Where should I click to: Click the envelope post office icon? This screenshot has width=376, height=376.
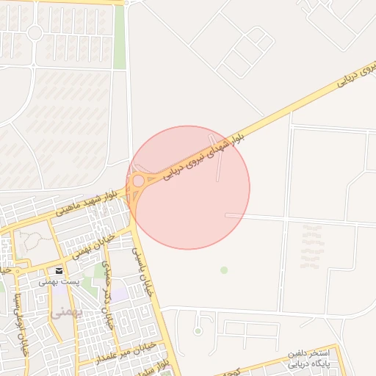click(59, 271)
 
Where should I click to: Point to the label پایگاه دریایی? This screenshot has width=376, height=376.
click(301, 364)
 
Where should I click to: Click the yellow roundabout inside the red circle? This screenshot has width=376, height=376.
click(138, 180)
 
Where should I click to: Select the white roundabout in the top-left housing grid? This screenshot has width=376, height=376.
click(34, 32)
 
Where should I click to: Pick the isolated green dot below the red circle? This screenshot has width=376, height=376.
click(224, 270)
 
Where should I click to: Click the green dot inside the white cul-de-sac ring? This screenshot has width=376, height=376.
click(198, 331)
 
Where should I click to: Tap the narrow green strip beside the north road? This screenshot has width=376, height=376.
click(119, 37)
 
